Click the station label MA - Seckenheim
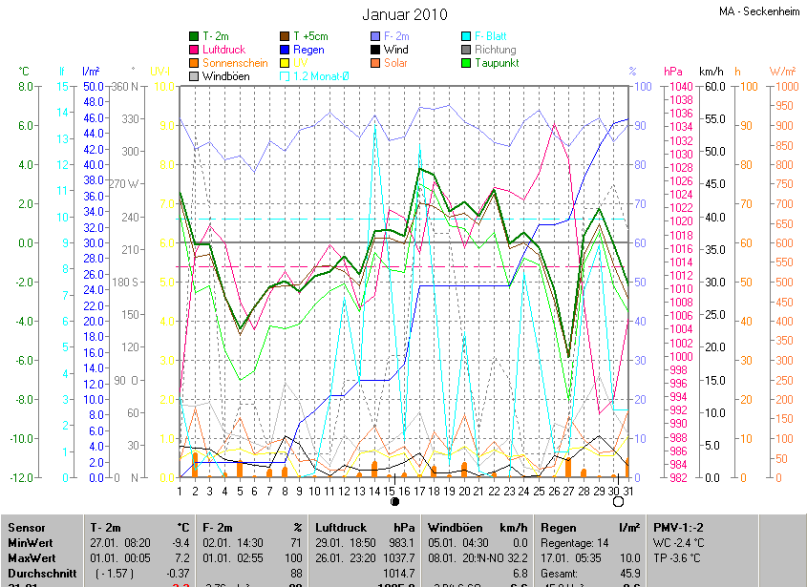coord(760,12)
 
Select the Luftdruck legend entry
coord(225,50)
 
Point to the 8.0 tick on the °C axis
coord(24,86)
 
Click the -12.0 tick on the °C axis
coord(21,477)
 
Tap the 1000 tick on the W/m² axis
coord(783,86)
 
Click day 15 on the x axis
coord(390,491)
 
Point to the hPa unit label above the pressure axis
coord(673,72)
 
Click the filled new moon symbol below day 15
coord(393,501)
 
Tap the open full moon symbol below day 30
coord(617,501)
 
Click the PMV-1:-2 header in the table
coord(679,527)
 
